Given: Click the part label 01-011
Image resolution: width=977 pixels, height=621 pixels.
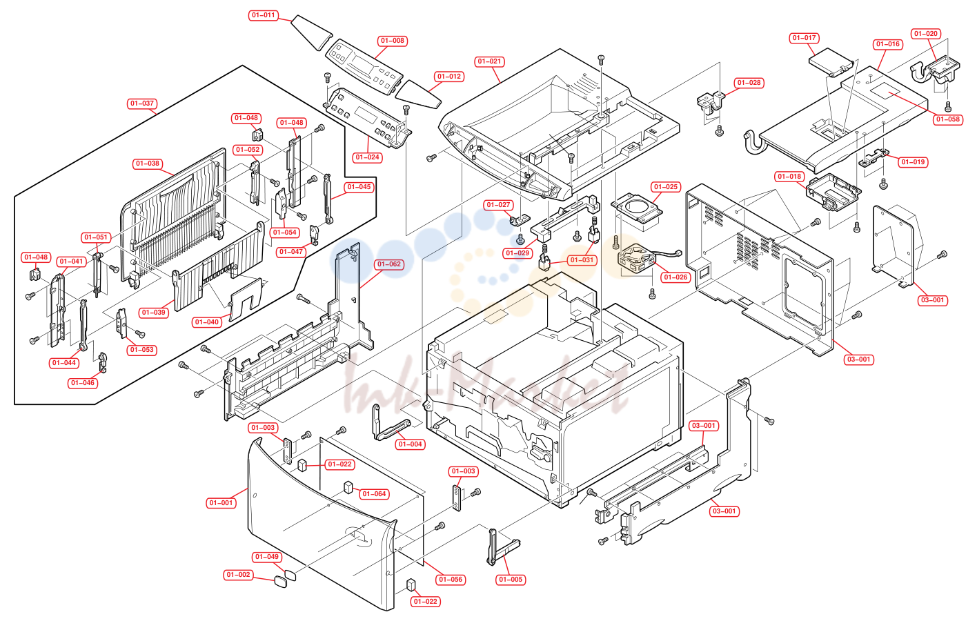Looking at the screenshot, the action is (x=264, y=15).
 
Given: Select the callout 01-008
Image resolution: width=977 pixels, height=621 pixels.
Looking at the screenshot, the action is (x=393, y=41).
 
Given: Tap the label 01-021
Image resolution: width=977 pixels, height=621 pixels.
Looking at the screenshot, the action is (x=489, y=61).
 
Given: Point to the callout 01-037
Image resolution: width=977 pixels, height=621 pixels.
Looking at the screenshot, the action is (x=142, y=103).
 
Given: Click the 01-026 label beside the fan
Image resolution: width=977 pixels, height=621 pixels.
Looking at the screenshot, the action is (x=675, y=277).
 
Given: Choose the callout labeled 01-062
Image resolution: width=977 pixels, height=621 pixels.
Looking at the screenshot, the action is (x=389, y=264).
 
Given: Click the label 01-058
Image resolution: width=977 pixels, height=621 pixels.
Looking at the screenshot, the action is (x=948, y=119).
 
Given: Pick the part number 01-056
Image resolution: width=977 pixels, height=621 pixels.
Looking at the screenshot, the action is (x=451, y=579).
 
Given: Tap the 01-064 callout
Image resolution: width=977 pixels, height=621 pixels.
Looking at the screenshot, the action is (x=374, y=493).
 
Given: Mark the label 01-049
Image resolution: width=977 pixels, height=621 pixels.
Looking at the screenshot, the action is (x=267, y=556).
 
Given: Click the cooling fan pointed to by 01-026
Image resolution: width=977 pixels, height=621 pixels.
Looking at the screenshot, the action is (x=635, y=260).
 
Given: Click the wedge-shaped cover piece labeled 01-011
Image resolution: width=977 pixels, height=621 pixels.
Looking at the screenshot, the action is (x=313, y=32).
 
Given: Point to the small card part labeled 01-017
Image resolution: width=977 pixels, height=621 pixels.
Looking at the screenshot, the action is (x=830, y=62).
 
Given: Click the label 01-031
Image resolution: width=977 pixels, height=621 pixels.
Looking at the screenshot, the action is (x=582, y=260).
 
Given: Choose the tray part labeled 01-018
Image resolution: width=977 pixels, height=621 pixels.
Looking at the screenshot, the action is (x=833, y=192).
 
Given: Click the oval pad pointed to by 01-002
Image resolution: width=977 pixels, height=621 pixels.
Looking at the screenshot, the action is (x=281, y=582).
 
